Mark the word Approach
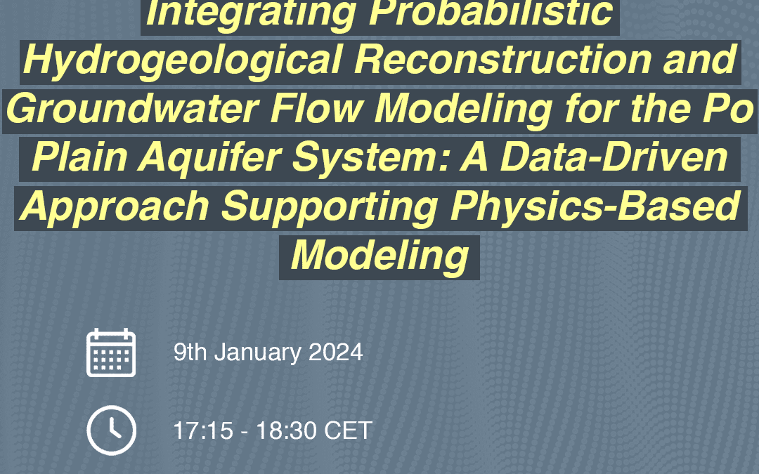tap(115, 206)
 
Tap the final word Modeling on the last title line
tap(379, 256)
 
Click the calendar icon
tap(111, 353)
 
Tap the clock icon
tap(111, 430)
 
